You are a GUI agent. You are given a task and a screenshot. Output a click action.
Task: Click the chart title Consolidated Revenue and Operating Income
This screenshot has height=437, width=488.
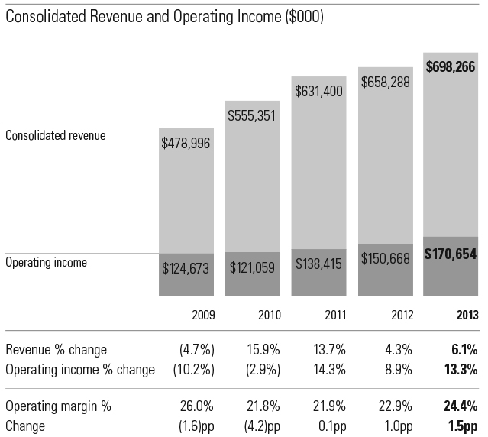pyautogui.click(x=165, y=16)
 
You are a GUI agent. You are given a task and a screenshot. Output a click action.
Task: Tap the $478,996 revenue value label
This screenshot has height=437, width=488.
pyautogui.click(x=186, y=143)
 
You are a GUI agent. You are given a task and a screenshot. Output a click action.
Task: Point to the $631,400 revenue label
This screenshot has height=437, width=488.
pyautogui.click(x=318, y=91)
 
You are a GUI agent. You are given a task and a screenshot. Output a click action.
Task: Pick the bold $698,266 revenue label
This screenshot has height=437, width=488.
pyautogui.click(x=451, y=66)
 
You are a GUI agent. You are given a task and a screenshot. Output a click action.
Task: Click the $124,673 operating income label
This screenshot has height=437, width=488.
pyautogui.click(x=186, y=268)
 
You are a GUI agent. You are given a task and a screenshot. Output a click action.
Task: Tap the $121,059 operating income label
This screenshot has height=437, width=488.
pyautogui.click(x=252, y=268)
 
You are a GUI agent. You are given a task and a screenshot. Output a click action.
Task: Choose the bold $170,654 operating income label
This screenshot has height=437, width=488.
pyautogui.click(x=451, y=254)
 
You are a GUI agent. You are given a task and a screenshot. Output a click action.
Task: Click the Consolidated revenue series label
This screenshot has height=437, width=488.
pyautogui.click(x=56, y=135)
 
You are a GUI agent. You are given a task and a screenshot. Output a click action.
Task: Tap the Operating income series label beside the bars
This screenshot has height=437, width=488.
pyautogui.click(x=47, y=262)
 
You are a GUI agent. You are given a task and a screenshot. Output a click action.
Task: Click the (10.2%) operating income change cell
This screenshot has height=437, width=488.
pyautogui.click(x=192, y=370)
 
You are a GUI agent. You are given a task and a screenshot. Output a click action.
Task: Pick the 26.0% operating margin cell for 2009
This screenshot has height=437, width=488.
pyautogui.click(x=196, y=406)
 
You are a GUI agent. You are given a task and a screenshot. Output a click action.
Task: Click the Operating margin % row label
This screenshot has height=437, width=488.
pyautogui.click(x=58, y=406)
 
